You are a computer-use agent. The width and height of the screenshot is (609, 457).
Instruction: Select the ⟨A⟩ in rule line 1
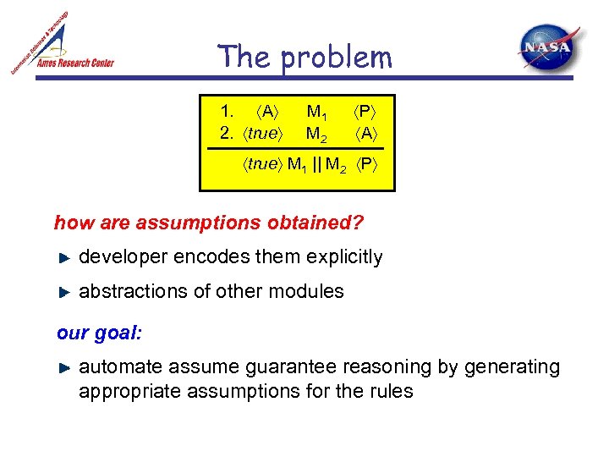point(268,112)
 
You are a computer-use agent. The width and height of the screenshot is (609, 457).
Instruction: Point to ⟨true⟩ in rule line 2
point(265,133)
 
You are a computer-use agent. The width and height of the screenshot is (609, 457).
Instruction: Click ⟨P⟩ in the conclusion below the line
point(367,164)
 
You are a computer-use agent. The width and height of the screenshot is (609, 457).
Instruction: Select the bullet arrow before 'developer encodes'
point(64,257)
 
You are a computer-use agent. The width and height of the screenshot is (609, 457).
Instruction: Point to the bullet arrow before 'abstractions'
point(64,292)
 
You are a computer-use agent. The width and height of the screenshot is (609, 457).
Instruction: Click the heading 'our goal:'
point(99,333)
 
